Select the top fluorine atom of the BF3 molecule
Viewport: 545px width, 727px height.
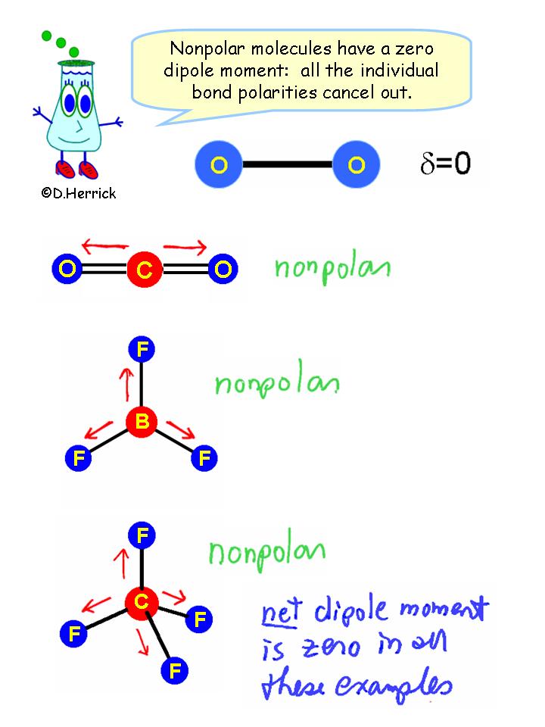coord(142,350)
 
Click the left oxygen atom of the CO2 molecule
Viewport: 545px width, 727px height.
coord(67,269)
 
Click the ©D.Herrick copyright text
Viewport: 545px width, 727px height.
coord(79,194)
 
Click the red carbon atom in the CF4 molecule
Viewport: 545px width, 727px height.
coord(142,603)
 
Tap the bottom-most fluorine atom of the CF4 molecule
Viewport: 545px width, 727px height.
coord(174,669)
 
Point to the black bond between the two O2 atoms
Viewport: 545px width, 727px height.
coord(288,164)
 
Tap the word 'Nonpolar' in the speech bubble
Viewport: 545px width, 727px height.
coord(202,48)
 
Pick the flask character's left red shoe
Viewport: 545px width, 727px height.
coord(66,167)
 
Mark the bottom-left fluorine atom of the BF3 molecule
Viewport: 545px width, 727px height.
coord(78,457)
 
